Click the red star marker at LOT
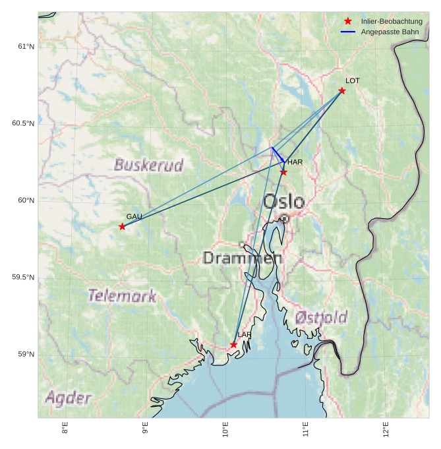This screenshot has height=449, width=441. click(341, 90)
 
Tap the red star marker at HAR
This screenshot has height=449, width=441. click(283, 172)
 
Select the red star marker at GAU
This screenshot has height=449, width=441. click(122, 226)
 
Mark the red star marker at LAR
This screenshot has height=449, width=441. click(233, 345)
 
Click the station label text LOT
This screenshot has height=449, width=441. click(353, 80)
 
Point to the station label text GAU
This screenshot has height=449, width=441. click(134, 216)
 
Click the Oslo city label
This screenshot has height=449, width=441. click(284, 202)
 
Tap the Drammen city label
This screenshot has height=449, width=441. click(243, 258)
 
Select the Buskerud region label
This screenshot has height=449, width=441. click(148, 165)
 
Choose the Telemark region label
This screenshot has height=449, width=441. click(123, 295)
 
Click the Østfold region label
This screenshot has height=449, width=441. click(321, 317)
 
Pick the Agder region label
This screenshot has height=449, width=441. click(68, 398)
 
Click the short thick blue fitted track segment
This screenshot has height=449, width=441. click(278, 154)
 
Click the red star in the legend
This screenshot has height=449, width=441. click(348, 21)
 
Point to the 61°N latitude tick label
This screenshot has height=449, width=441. click(26, 46)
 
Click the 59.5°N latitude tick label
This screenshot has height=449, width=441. click(23, 277)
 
